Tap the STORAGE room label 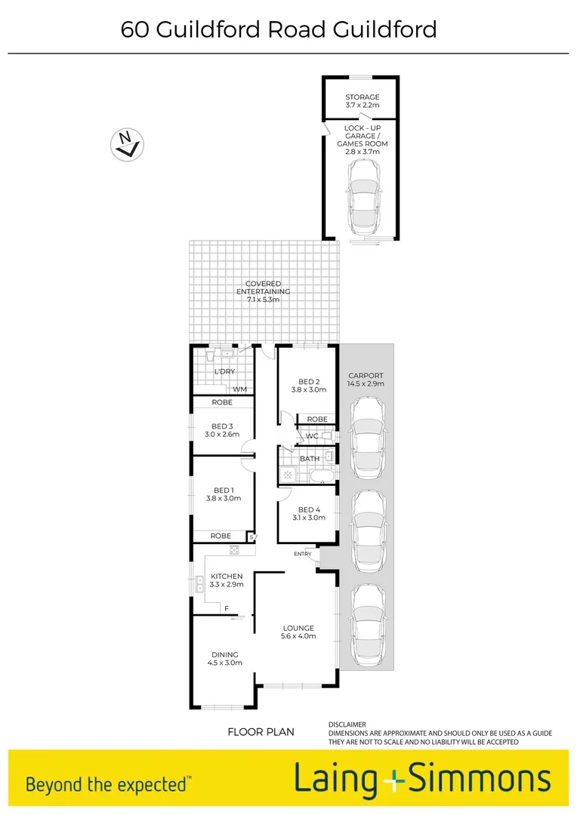click(362, 97)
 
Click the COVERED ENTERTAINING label click(263, 284)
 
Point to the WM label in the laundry click(240, 389)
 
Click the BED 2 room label click(308, 381)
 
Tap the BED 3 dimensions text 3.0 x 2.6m click(222, 435)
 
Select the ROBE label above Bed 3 click(221, 403)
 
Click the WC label click(312, 436)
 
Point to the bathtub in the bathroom click(317, 475)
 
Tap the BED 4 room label click(309, 509)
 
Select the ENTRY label click(303, 555)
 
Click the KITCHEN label click(227, 577)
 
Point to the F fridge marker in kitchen click(226, 608)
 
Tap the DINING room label click(225, 654)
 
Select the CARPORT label click(366, 375)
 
